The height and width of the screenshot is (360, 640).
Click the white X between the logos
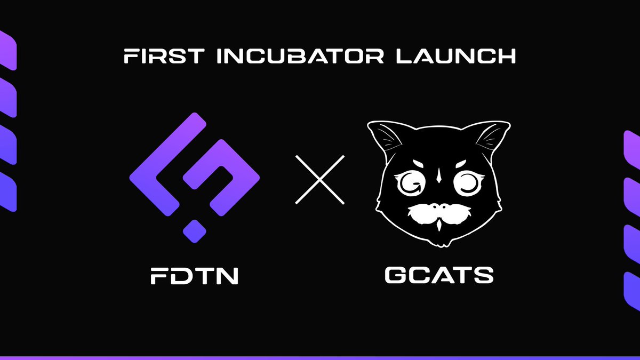coord(320,179)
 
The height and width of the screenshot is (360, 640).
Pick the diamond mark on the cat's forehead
coord(438,174)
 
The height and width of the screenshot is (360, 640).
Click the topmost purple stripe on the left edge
coord(7,51)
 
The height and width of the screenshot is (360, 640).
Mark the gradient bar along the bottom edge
coord(320,357)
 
